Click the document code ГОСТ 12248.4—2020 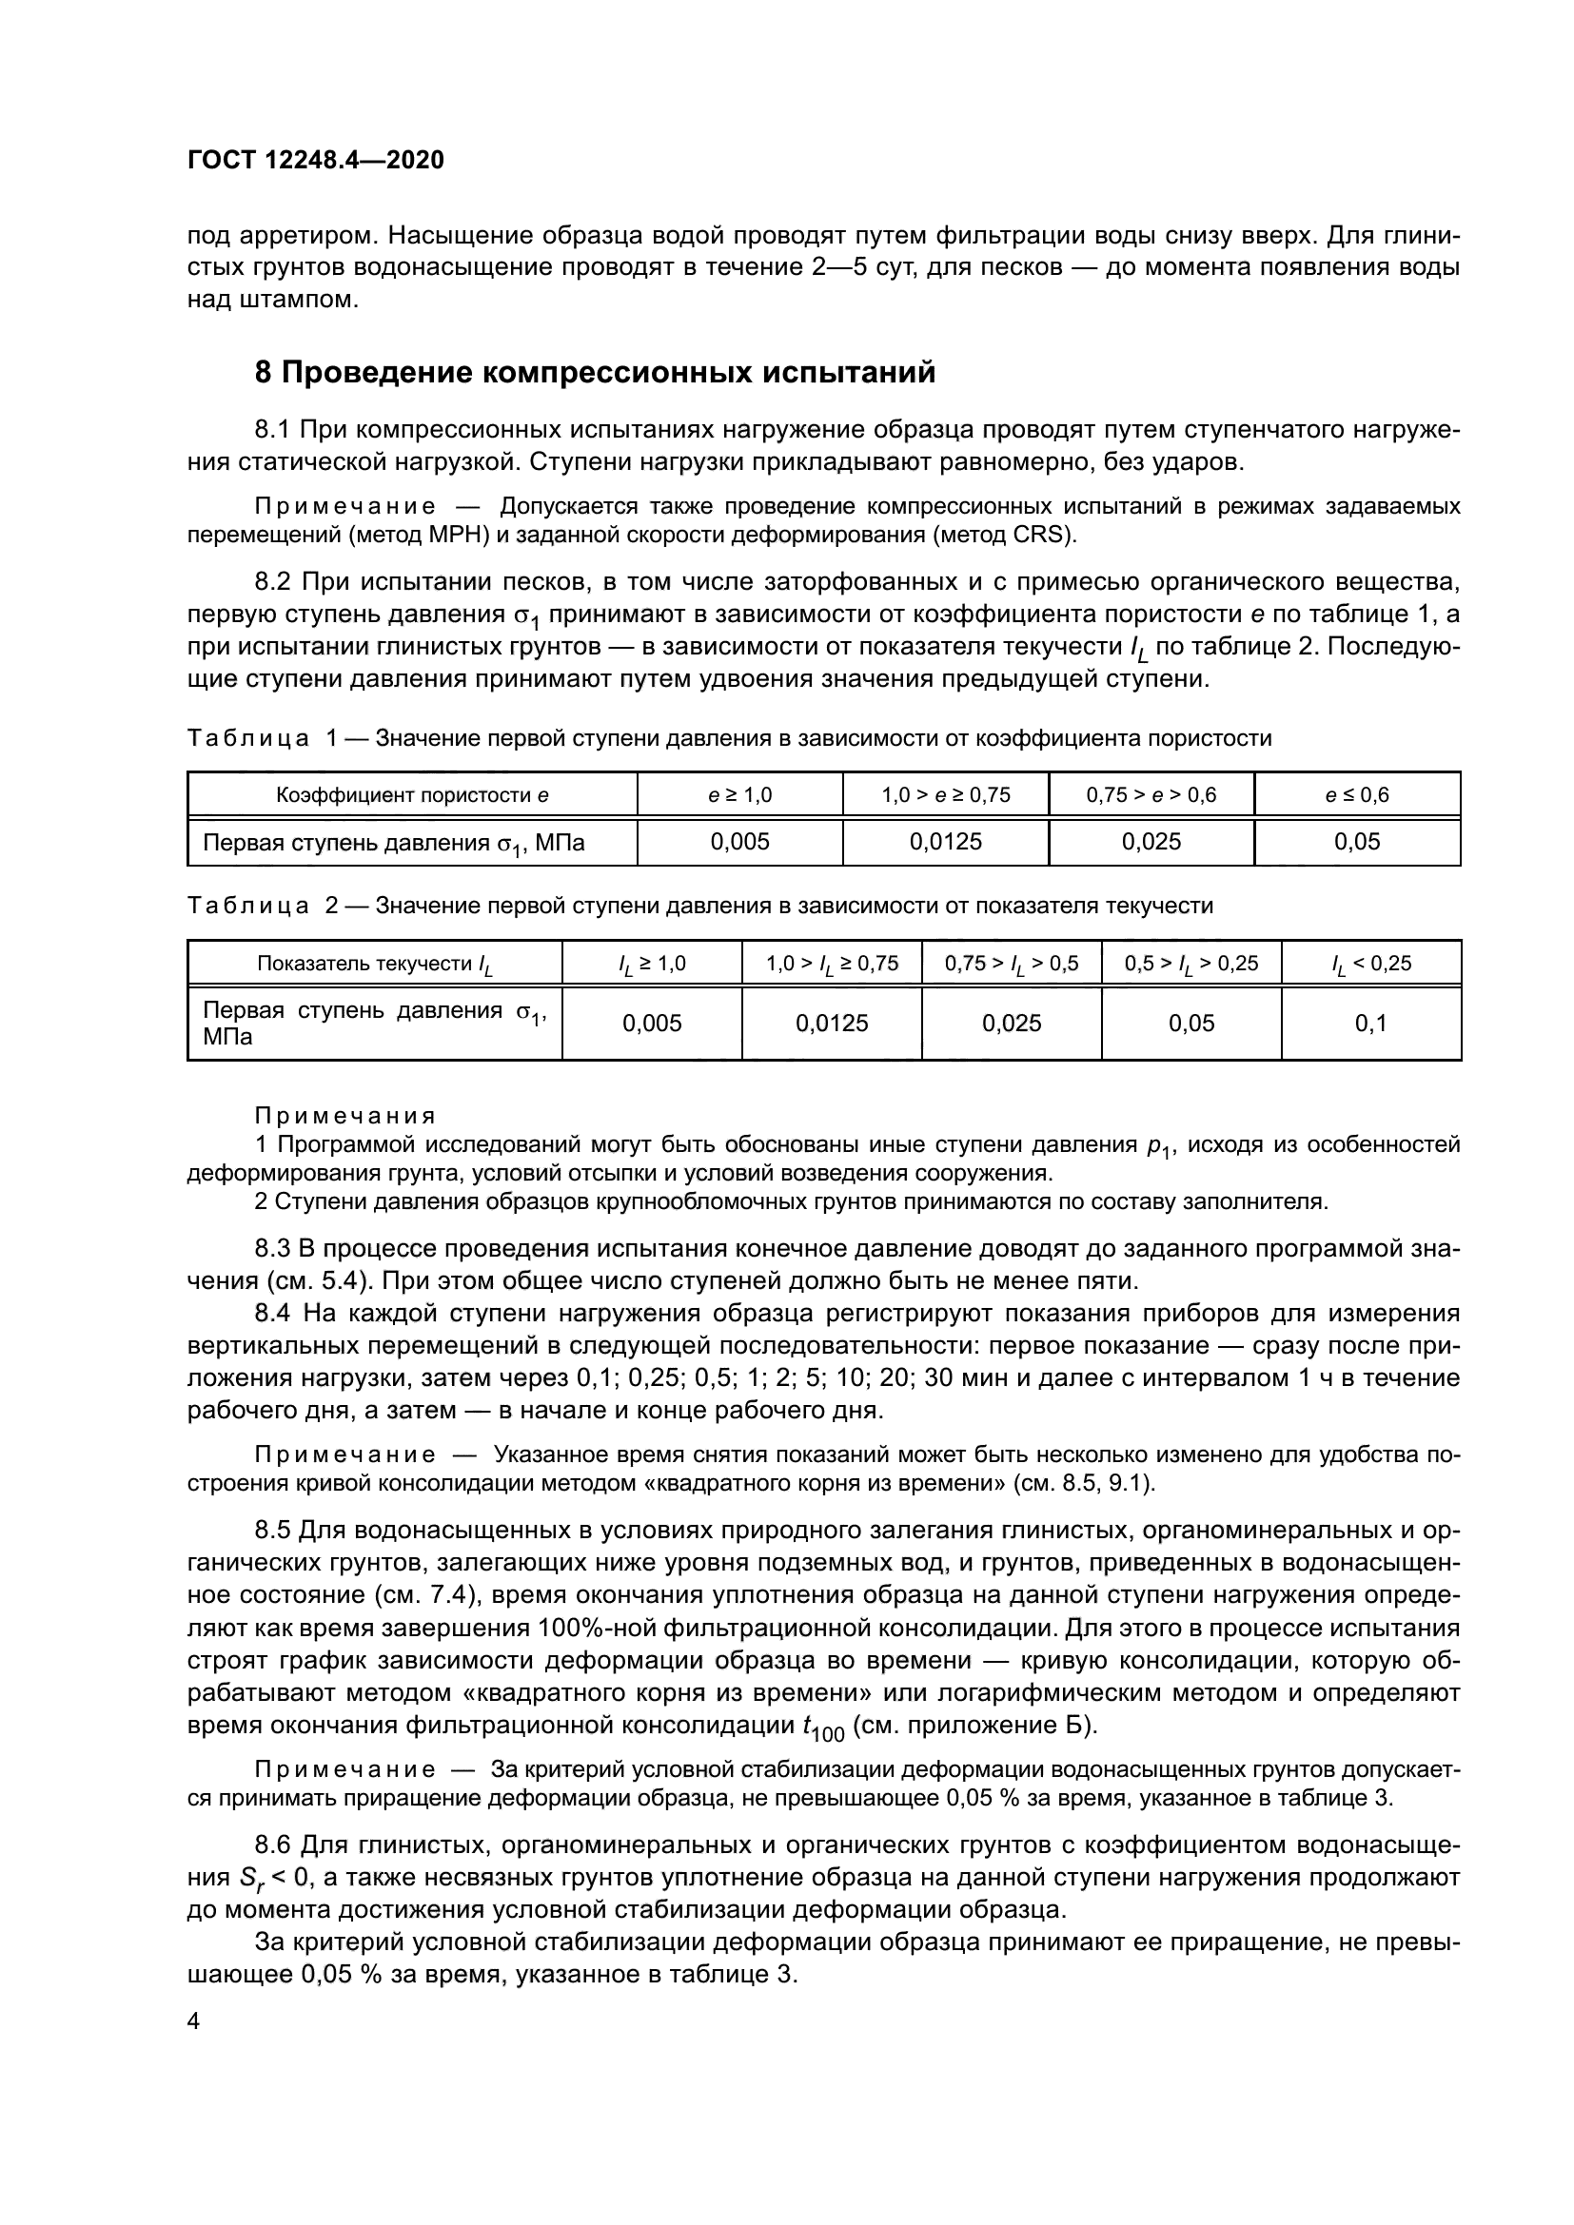315,160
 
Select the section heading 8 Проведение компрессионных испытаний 594,372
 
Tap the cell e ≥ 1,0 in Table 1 739,795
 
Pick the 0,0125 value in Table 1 945,841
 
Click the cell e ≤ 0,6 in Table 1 1356,795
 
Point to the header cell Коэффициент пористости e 412,795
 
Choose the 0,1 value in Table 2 1370,1024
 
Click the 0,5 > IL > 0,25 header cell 1190,964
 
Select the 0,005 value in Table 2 651,1024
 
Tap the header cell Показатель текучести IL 374,964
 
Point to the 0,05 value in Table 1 1356,841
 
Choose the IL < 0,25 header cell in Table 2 1370,964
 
